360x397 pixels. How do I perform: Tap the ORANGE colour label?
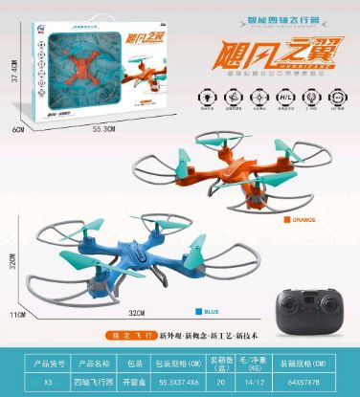301,219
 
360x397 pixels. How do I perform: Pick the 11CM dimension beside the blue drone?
16,314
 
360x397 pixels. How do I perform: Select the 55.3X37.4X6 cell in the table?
178,381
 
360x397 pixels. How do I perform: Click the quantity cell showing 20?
224,381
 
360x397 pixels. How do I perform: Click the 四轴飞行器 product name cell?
89,381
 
